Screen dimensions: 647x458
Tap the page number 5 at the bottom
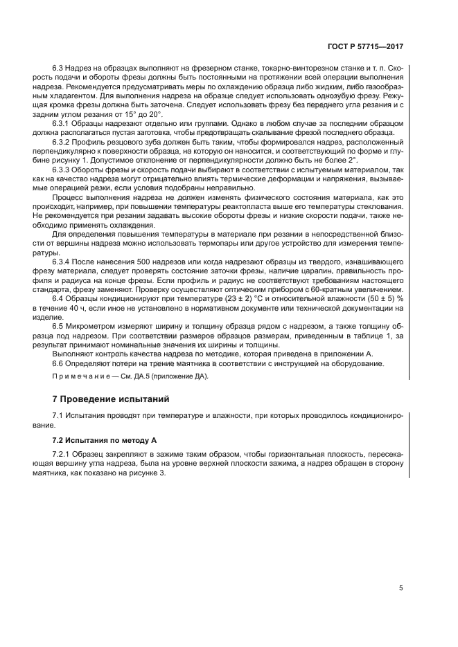(x=402, y=588)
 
